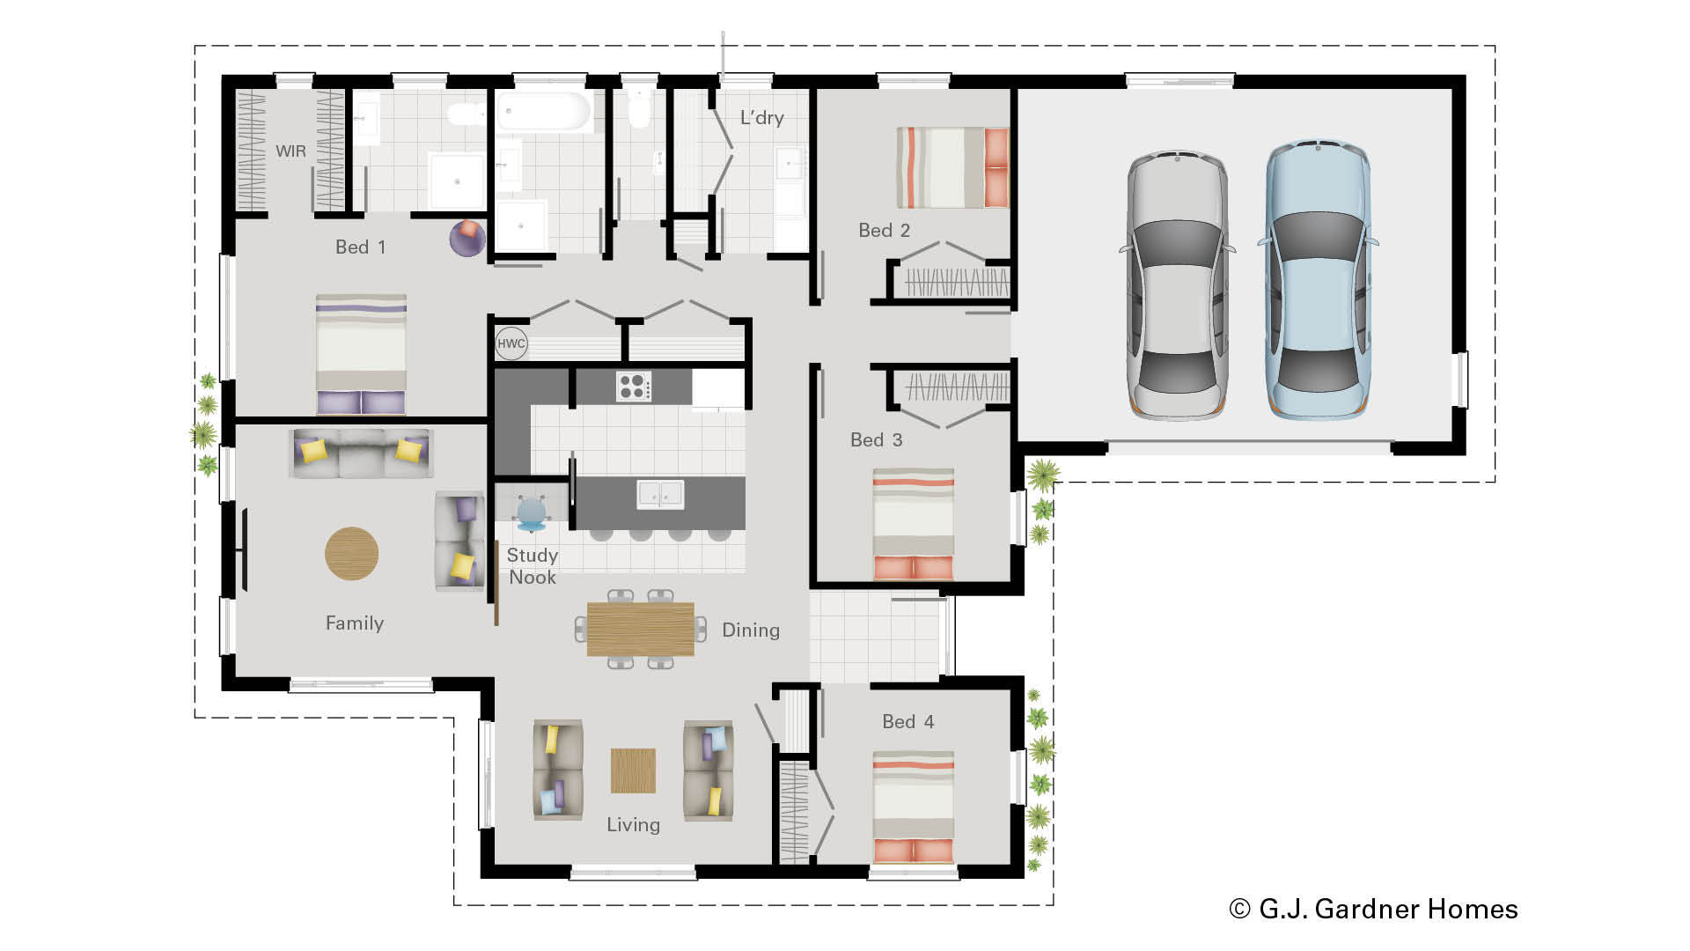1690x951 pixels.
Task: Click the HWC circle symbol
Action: (511, 343)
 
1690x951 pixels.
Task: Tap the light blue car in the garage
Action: (1317, 280)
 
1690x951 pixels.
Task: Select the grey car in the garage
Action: (1178, 284)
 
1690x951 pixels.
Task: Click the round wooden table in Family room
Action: (351, 554)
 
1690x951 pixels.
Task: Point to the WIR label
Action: (290, 151)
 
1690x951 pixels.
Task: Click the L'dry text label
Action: (761, 118)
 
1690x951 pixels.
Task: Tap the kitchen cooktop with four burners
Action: (633, 386)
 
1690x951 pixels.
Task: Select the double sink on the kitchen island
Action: (659, 494)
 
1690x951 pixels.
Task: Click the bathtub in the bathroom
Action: (543, 113)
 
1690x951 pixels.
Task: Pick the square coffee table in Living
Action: (633, 770)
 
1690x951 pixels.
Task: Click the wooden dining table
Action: (640, 629)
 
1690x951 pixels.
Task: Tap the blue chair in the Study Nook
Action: (532, 513)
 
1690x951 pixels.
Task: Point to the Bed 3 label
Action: (876, 440)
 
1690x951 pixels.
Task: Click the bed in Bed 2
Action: (952, 167)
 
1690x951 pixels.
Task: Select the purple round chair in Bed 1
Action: (467, 238)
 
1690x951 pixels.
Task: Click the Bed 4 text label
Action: (907, 722)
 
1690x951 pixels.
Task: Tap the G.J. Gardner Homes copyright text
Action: (1373, 909)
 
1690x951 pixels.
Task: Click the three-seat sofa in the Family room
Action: (361, 453)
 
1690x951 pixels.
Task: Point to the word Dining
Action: (750, 630)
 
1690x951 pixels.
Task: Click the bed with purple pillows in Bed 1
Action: (361, 354)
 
